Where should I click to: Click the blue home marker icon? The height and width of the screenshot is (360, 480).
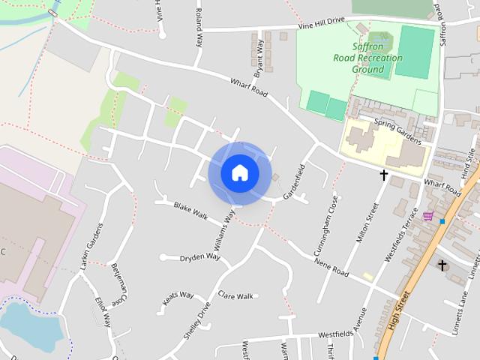[x=239, y=173]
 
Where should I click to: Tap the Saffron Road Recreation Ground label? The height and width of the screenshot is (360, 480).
[x=367, y=58]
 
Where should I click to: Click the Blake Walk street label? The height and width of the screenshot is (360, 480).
[x=190, y=210]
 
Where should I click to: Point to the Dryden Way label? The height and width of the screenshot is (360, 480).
[x=199, y=257]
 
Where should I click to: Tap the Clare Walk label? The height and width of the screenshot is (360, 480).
[x=235, y=296]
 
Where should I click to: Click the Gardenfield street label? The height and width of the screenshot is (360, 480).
[x=294, y=181]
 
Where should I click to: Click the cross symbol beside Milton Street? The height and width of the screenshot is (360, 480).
[x=384, y=175]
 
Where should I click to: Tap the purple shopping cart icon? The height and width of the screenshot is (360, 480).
[x=427, y=216]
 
